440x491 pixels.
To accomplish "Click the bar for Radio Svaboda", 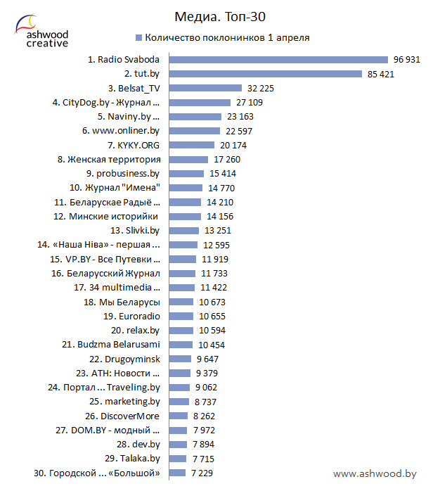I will (x=278, y=60).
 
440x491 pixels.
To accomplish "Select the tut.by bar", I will (x=266, y=74).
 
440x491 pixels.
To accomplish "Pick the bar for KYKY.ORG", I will (x=192, y=146).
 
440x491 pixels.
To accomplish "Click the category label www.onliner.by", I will (x=121, y=131).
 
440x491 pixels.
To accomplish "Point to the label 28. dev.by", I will (x=138, y=445).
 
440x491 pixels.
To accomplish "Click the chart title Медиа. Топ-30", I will (x=220, y=15).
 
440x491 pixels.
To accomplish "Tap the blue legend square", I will (x=138, y=37).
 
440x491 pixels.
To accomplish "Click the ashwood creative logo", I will (x=42, y=30).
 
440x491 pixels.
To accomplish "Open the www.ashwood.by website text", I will (x=375, y=474).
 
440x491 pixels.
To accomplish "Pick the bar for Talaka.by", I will (x=178, y=459).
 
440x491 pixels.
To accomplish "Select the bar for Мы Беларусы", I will (x=181, y=302).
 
